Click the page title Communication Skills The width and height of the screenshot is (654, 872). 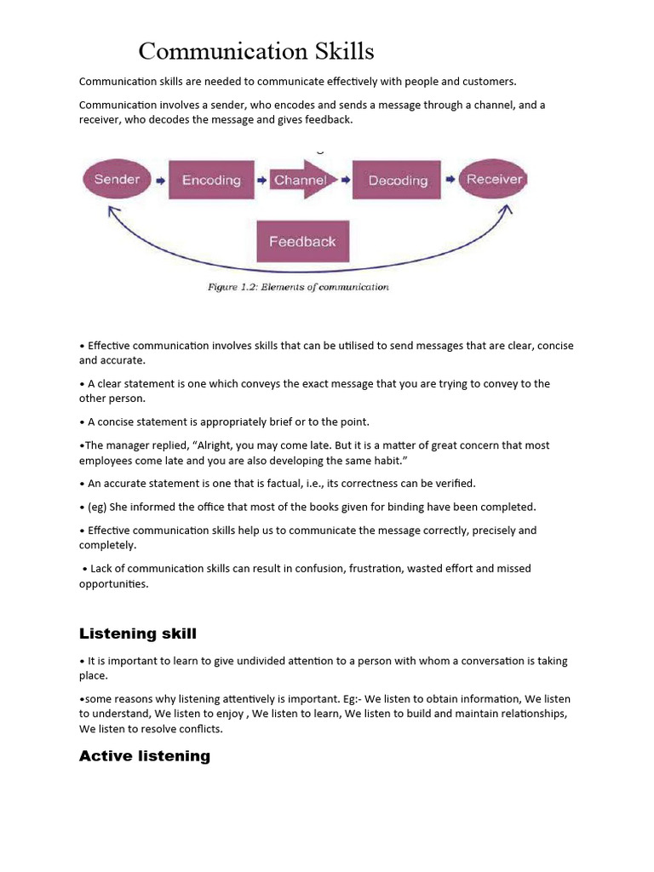256,52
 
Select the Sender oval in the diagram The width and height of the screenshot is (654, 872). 117,180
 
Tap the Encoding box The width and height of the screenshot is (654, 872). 211,180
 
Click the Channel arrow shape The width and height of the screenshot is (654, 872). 300,180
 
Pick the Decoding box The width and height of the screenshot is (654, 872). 397,180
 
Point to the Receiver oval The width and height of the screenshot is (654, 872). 493,180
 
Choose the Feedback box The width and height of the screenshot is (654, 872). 302,241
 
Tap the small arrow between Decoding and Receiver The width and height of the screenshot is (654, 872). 449,181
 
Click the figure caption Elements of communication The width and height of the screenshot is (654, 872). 298,287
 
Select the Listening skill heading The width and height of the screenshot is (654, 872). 138,634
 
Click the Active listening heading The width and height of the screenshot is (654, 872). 145,756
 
